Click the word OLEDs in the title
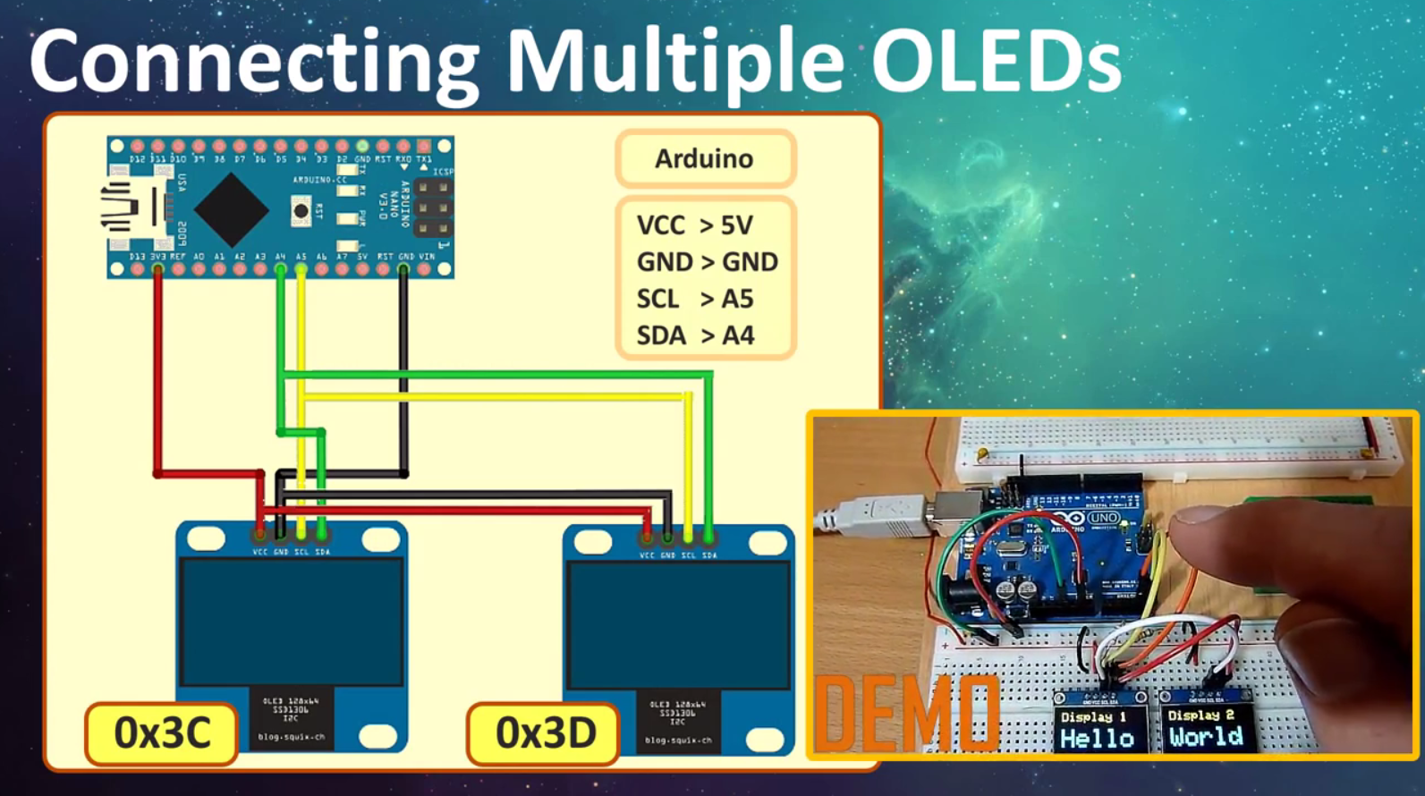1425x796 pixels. (996, 60)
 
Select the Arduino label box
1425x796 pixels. (705, 158)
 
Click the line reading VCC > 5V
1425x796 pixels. (694, 225)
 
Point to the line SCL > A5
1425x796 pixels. (694, 299)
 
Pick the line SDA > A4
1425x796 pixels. (694, 335)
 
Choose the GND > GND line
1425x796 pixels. (706, 262)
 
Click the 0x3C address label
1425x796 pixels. (162, 733)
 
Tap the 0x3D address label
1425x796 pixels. (544, 733)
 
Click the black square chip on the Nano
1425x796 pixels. (232, 209)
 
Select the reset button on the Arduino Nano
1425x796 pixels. (301, 211)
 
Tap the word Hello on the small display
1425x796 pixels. (1097, 738)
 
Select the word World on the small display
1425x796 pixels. (1205, 737)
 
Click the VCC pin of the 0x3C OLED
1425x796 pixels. (259, 534)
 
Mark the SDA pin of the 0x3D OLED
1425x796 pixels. (709, 538)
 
